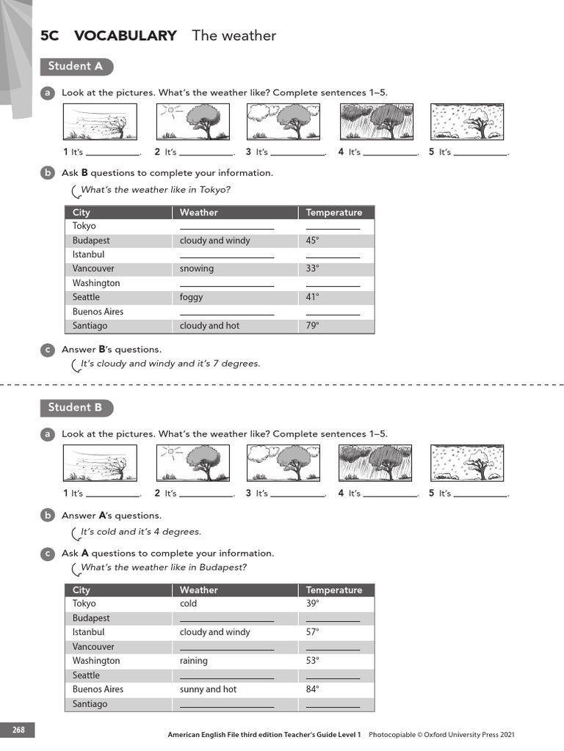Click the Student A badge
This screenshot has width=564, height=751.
(x=76, y=67)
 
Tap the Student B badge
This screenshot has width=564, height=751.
(x=76, y=408)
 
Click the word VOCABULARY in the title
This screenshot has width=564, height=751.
(x=126, y=35)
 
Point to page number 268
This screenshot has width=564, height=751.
(x=18, y=730)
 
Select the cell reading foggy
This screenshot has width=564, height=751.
(x=191, y=297)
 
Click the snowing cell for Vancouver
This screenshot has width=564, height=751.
(x=197, y=268)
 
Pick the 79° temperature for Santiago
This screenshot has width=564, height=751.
(x=313, y=326)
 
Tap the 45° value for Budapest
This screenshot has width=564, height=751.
(x=313, y=241)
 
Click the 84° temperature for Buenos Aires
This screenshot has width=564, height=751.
(x=313, y=689)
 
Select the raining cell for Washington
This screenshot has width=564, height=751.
(x=194, y=661)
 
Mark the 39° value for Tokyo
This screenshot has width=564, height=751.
(x=313, y=604)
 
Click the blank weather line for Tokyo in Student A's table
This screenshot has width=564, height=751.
(x=226, y=227)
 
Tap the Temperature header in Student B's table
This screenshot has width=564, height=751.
(x=334, y=590)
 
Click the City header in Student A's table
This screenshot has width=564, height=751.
(x=82, y=213)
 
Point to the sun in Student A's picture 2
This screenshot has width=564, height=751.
(x=171, y=111)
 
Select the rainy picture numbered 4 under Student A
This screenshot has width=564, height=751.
(x=375, y=121)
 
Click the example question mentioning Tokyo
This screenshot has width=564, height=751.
(x=155, y=190)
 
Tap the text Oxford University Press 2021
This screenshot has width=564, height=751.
(x=480, y=734)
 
